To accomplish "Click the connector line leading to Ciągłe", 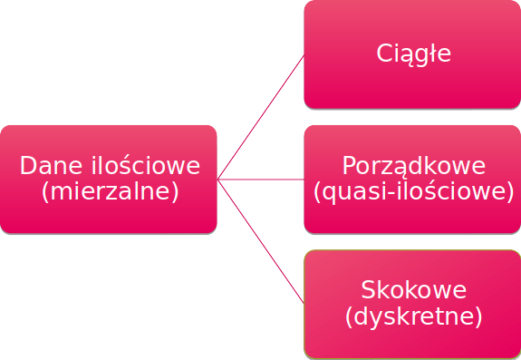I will [x=261, y=117].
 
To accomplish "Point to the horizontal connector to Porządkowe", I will [x=261, y=180].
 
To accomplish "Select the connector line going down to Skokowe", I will [x=261, y=241].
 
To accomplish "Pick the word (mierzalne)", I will [x=110, y=191].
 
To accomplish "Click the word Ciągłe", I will [x=413, y=54].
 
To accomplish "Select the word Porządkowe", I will [x=413, y=166].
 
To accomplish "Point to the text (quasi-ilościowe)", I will [x=413, y=191].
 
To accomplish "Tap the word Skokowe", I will [x=413, y=290].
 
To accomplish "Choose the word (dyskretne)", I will [x=413, y=316].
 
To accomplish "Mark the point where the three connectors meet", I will [x=218, y=180].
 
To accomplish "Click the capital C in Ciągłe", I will [x=383, y=54].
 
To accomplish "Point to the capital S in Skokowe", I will [x=367, y=290].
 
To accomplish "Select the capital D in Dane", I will [x=26, y=166].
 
